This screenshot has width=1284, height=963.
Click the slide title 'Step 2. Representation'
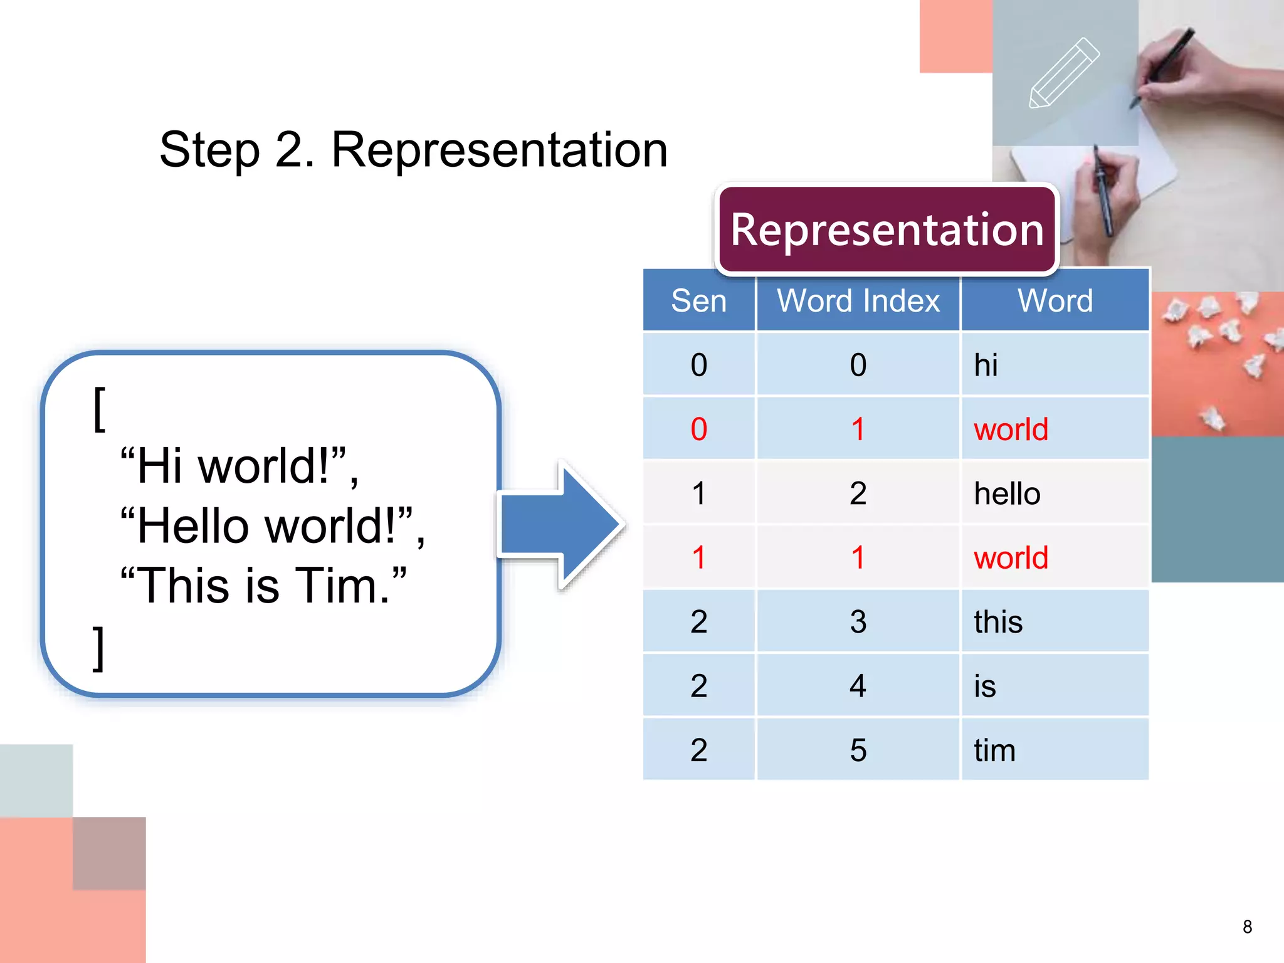click(413, 150)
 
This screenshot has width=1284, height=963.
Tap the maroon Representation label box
click(887, 229)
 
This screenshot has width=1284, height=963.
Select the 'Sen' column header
click(698, 301)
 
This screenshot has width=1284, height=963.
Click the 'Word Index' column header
click(858, 301)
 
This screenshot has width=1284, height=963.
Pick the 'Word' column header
click(1055, 301)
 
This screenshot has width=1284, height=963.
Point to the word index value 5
click(858, 750)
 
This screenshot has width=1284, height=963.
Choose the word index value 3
click(858, 622)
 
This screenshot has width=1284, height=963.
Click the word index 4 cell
click(858, 686)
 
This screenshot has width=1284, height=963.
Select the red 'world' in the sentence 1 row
click(1011, 557)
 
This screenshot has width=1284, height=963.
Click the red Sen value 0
click(698, 429)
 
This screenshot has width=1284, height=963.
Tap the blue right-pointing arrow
click(561, 524)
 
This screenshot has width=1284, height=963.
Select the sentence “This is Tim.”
click(263, 586)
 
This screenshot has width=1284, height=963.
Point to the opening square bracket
click(99, 409)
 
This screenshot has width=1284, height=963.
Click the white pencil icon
click(1064, 73)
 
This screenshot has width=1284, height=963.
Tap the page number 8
click(1247, 927)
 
